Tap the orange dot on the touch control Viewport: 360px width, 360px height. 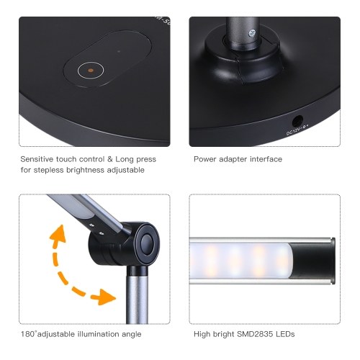(91, 71)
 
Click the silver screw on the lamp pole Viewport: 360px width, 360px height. (252, 32)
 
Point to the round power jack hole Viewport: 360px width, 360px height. (297, 121)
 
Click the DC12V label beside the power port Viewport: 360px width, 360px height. (297, 130)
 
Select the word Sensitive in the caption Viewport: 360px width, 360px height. (37, 159)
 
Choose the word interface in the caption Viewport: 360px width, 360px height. (266, 159)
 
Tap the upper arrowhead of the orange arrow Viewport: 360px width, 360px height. (58, 233)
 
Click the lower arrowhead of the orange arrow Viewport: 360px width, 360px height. (107, 297)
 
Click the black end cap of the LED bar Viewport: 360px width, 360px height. (312, 261)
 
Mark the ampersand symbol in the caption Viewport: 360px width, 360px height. (109, 159)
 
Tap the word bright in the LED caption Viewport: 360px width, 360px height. (223, 334)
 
